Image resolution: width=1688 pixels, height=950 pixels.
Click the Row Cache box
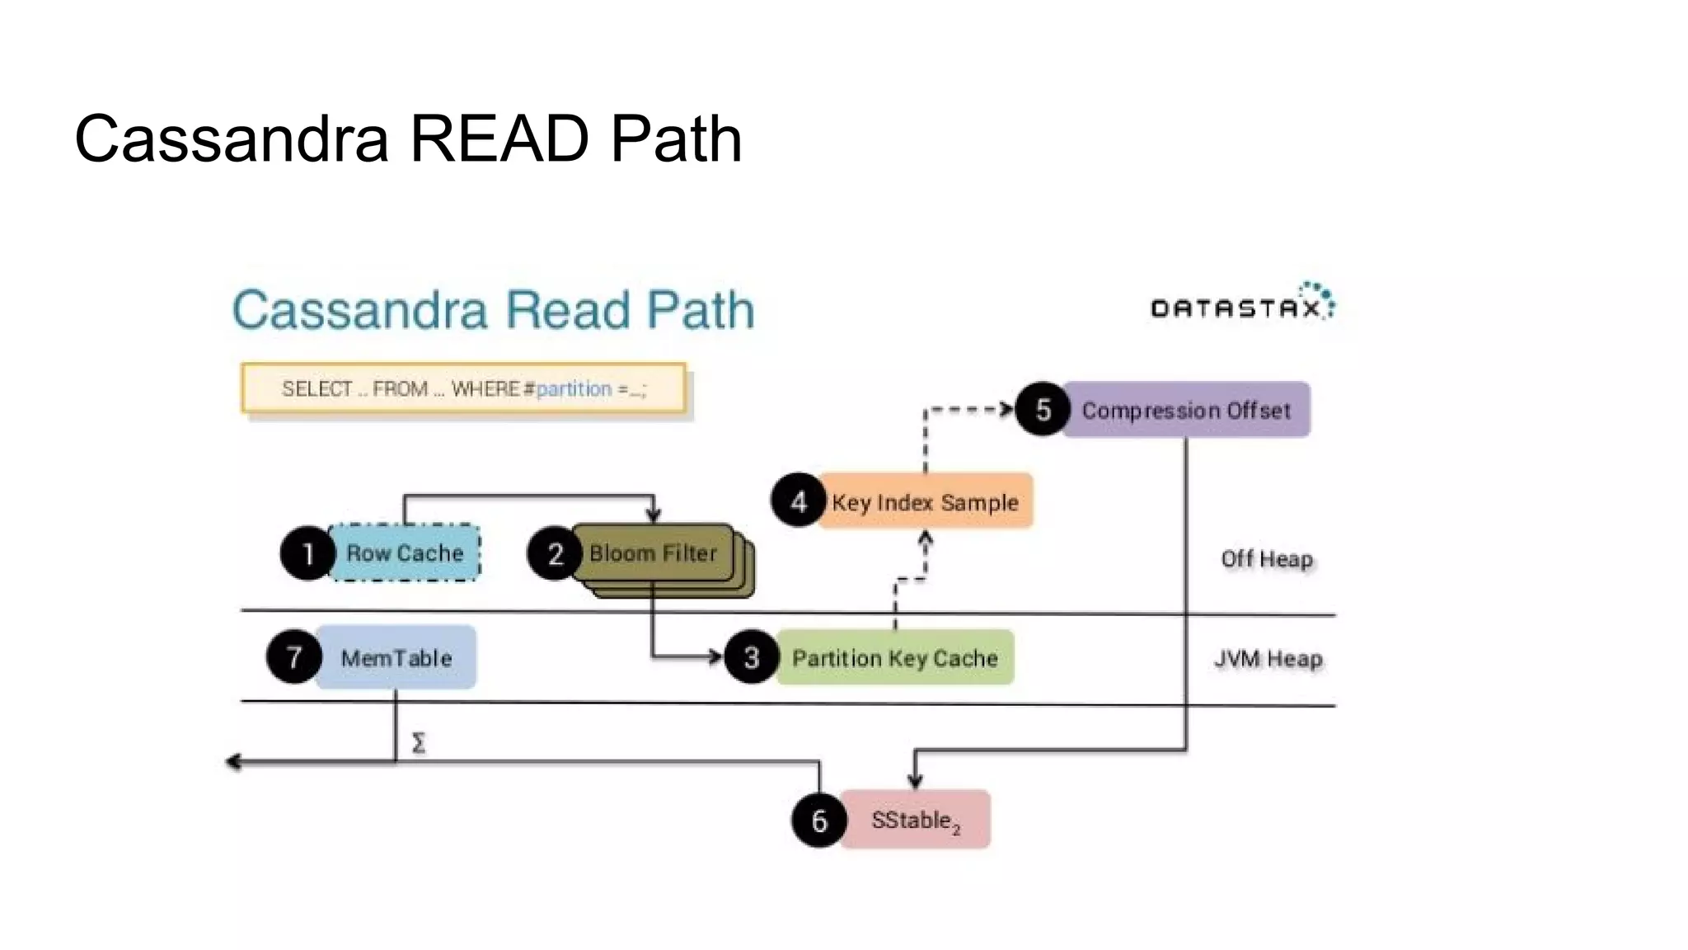pos(405,553)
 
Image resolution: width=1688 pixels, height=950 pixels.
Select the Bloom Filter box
pos(653,553)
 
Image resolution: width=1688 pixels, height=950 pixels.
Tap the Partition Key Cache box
pos(895,658)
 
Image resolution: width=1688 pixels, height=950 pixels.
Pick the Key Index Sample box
pos(925,501)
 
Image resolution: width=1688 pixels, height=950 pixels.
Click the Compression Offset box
pos(1185,410)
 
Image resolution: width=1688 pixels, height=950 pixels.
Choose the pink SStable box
pos(915,820)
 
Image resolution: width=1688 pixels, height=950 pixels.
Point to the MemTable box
pos(396,658)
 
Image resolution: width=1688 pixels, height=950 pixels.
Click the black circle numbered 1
pos(307,553)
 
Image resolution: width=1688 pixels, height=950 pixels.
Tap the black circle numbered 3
pos(751,657)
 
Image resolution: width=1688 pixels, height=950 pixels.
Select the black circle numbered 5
pos(1043,409)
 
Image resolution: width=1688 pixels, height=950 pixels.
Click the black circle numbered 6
pos(818,820)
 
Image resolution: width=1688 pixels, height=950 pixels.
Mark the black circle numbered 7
pos(293,657)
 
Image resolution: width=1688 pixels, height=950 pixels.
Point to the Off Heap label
pos(1267,559)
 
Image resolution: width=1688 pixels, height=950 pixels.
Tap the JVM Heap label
pos(1268,659)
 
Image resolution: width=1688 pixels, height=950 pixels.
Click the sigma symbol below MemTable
pos(419,743)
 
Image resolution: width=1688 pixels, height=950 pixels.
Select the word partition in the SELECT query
pos(574,388)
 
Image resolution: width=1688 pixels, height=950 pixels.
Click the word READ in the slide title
pos(499,139)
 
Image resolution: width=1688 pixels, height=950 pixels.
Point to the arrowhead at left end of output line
pos(233,762)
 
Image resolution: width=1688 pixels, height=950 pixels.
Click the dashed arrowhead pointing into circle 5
pos(1006,409)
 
